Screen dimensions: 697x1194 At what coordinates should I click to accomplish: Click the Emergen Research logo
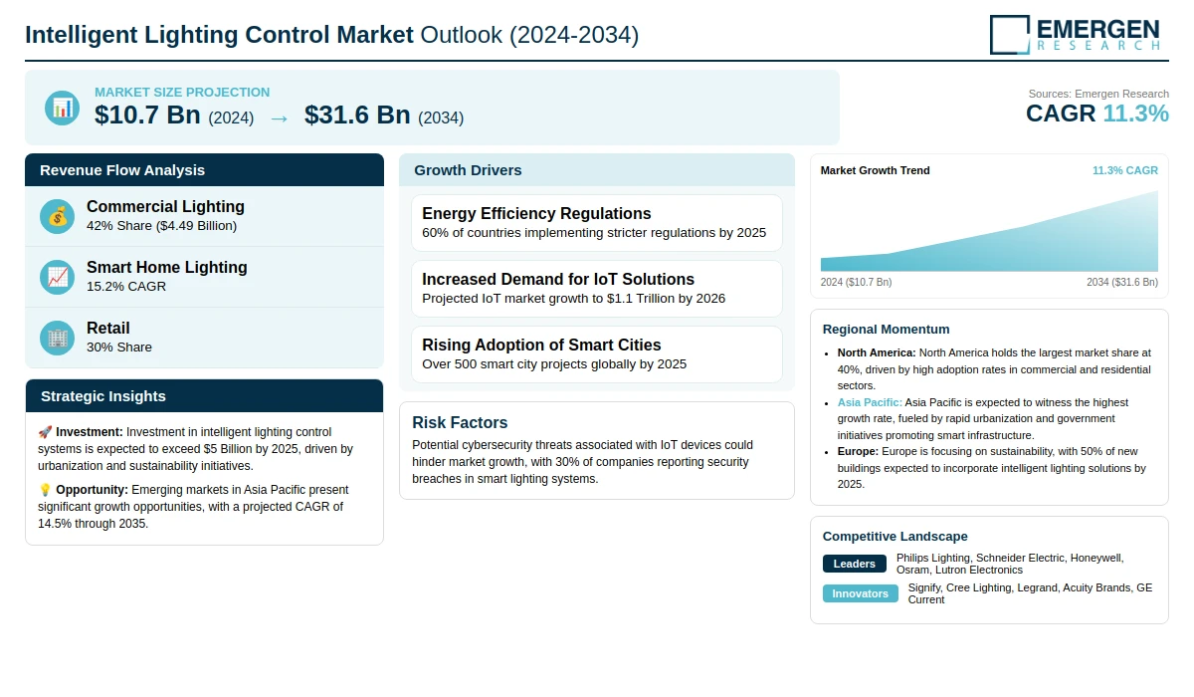pos(1075,34)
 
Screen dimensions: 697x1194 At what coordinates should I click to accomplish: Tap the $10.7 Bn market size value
pos(148,116)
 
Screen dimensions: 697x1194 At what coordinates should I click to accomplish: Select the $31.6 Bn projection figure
pos(357,116)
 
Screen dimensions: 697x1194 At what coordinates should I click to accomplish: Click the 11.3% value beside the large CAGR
pos(1135,114)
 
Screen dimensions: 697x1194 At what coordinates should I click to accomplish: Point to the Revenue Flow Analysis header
pos(122,170)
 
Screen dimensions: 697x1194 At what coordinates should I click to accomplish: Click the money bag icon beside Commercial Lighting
pos(58,216)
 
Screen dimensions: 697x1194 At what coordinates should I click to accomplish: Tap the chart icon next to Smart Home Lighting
pos(58,277)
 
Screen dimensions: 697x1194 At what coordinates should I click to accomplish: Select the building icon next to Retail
pos(58,338)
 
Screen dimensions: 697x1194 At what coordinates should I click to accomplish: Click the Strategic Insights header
pos(103,396)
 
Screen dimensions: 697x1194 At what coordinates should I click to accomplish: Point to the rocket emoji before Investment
pos(45,432)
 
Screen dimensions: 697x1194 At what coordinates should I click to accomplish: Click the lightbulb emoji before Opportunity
pos(45,490)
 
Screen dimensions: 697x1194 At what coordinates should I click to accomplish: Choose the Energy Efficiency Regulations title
pos(536,213)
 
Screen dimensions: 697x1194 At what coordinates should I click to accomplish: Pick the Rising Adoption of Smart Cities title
pos(541,345)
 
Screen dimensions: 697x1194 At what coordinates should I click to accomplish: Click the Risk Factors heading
pos(460,422)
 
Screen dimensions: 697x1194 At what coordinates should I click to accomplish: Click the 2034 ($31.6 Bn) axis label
pos(1121,282)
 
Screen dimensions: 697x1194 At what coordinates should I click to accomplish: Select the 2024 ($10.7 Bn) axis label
pos(857,282)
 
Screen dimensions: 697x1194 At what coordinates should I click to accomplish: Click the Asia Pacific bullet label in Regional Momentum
pos(870,402)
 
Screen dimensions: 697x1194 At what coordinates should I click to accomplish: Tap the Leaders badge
pos(854,564)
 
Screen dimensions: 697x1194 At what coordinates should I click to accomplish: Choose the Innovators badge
pos(860,593)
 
